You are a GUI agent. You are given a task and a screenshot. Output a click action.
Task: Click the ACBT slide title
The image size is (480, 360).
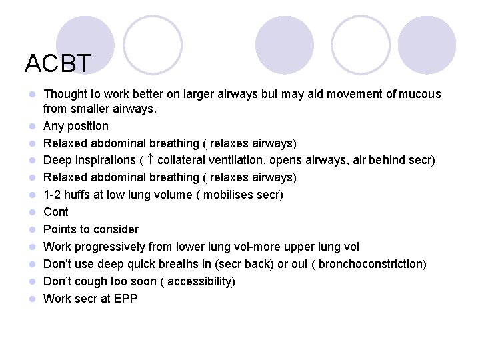pyautogui.click(x=57, y=63)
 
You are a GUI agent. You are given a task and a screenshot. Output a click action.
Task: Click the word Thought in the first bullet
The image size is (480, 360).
pyautogui.click(x=65, y=94)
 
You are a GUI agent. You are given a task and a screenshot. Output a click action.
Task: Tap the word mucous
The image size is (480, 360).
pyautogui.click(x=420, y=94)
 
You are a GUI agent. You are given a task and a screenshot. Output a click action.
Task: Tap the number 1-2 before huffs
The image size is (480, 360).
pyautogui.click(x=53, y=195)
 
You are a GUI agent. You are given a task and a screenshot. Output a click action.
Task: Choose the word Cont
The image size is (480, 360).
pyautogui.click(x=56, y=212)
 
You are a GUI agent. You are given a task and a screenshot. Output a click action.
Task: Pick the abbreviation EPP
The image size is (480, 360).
pyautogui.click(x=126, y=299)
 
